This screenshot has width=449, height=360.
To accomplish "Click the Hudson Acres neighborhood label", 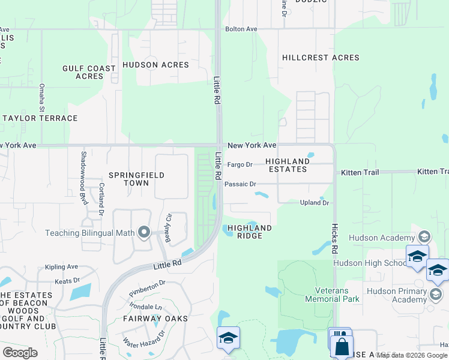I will [x=155, y=65].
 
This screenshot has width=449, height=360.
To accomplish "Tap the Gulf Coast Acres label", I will [x=89, y=72].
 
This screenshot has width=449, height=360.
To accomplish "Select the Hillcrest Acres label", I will [x=321, y=58].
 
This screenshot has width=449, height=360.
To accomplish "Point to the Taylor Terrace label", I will [x=40, y=118].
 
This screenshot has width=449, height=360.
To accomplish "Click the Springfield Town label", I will [x=127, y=179].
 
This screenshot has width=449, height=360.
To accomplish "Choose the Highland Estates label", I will [x=288, y=165].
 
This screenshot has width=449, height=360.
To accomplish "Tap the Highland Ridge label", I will [x=250, y=232].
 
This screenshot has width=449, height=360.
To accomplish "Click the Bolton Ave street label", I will [x=241, y=29].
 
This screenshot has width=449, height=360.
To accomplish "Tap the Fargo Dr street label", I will [x=240, y=164].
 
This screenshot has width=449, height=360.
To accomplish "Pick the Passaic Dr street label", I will [x=240, y=184].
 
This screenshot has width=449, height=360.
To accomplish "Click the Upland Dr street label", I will [x=315, y=203].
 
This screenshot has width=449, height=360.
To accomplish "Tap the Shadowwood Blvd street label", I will [x=84, y=167].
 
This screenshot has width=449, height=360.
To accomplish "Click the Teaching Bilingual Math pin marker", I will [x=143, y=232].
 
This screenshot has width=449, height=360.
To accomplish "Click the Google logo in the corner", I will [x=20, y=353].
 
